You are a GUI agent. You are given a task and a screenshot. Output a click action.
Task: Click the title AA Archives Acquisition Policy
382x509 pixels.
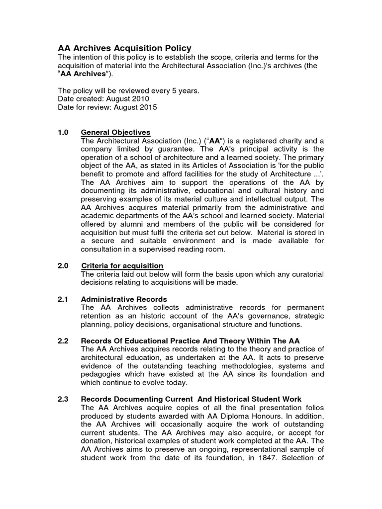coord(124,48)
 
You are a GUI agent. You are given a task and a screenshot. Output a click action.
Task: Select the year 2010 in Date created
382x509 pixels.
coord(140,99)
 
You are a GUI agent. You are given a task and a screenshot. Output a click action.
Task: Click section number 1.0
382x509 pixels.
coord(64,132)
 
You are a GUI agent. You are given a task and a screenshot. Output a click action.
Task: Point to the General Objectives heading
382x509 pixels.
coord(115,132)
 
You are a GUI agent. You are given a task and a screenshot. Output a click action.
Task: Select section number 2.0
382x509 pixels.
coord(64,266)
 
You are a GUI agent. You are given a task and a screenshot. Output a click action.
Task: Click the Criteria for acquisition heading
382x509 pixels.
coord(122,266)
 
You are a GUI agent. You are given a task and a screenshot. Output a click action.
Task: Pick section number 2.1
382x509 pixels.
coord(64,299)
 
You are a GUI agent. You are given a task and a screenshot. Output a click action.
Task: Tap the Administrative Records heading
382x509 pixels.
coord(124,299)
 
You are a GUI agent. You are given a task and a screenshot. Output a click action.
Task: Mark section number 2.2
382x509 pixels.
coord(64,341)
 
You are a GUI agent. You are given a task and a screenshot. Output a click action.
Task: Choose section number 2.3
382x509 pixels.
coord(64,399)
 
